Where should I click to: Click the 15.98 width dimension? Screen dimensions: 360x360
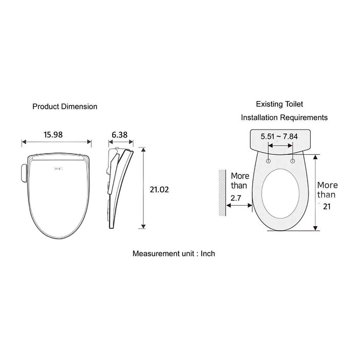click(x=53, y=135)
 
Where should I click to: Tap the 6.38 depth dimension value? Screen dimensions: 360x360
click(x=120, y=135)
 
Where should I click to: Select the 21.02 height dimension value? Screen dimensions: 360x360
click(x=159, y=190)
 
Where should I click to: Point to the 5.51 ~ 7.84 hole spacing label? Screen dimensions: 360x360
click(x=279, y=136)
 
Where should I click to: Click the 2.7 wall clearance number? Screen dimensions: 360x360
click(x=236, y=198)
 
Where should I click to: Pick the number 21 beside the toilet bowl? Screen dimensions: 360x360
click(x=327, y=207)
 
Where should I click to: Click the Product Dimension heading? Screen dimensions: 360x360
click(x=65, y=106)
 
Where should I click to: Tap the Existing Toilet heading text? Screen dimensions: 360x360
click(x=280, y=104)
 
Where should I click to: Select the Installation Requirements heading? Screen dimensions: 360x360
click(x=284, y=118)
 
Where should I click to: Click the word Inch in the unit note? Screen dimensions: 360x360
click(x=208, y=253)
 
